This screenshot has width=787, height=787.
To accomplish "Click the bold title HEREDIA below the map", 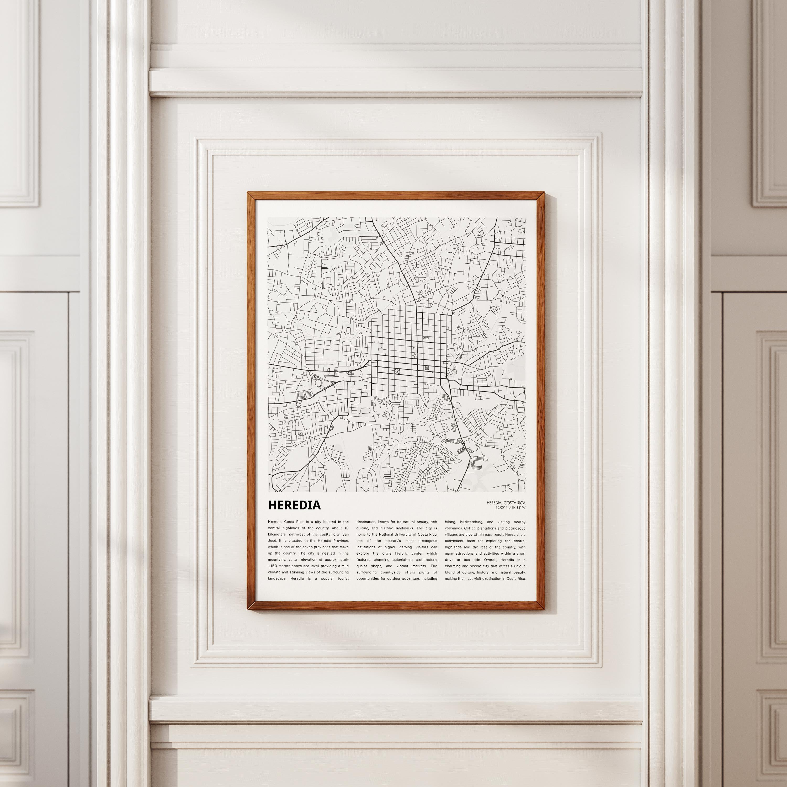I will (x=294, y=505).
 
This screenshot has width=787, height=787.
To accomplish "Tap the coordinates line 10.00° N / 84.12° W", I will (x=511, y=508).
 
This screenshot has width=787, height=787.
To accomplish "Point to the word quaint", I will (x=363, y=566).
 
